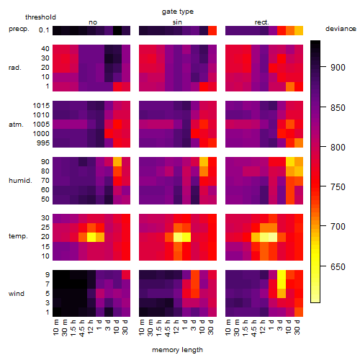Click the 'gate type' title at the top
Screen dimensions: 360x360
click(178, 12)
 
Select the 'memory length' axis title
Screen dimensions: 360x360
click(177, 350)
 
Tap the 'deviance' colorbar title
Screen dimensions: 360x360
click(341, 29)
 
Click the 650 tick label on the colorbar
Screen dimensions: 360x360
click(338, 266)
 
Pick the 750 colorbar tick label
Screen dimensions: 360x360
click(338, 186)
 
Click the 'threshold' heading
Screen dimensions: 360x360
click(40, 17)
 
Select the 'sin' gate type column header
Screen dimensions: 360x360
click(177, 22)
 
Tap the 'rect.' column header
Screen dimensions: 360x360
click(261, 22)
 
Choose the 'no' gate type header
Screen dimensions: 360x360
click(93, 22)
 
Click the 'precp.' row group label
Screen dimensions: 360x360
click(19, 29)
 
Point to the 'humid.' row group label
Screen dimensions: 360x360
click(20, 180)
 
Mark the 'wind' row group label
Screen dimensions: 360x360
click(17, 294)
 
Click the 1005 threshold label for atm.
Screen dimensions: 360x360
click(41, 125)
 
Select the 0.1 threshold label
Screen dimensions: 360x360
click(44, 30)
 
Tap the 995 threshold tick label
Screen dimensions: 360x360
click(43, 143)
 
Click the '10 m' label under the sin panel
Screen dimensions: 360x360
click(142, 327)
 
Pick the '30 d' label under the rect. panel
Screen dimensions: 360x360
click(297, 327)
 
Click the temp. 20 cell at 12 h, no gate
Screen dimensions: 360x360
click(91, 237)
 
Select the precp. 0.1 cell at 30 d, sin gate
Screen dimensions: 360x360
click(212, 30)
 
